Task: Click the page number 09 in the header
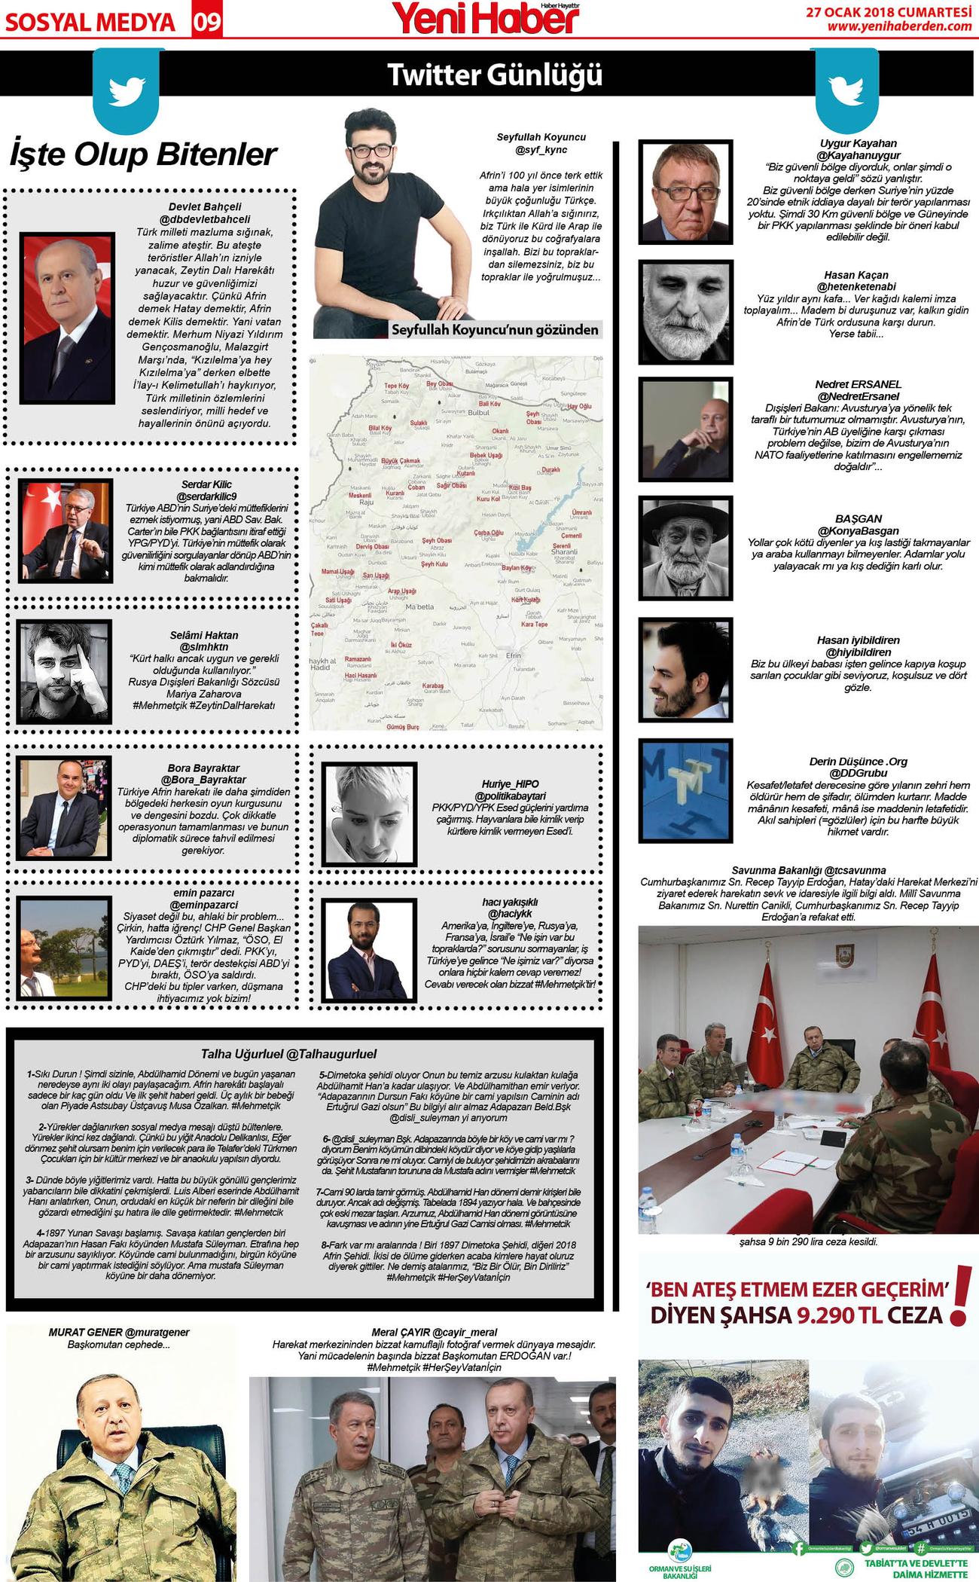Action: click(207, 22)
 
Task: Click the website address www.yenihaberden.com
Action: click(899, 26)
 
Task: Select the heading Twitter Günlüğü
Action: click(495, 75)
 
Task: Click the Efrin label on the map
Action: click(513, 655)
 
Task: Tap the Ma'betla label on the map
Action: click(419, 606)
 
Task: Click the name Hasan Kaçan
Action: click(856, 275)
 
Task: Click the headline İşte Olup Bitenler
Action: click(143, 154)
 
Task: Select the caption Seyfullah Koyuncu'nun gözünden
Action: click(495, 329)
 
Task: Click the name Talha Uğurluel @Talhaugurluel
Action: click(288, 1054)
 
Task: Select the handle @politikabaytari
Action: click(510, 796)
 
